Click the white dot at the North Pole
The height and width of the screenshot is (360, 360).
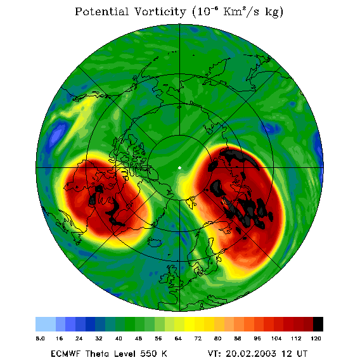pos(180,168)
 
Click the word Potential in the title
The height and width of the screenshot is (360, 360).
pos(102,11)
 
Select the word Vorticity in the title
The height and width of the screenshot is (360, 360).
pos(160,12)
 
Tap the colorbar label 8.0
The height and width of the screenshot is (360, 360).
pos(40,338)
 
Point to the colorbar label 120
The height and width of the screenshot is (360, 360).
pos(316,338)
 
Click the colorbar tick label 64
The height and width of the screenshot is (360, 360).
pos(178,338)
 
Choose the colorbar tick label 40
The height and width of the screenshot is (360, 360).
pos(119,338)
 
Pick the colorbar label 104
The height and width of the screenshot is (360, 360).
pos(276,338)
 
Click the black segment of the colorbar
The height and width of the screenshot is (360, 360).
pos(318,324)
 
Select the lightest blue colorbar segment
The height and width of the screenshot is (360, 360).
pos(46,324)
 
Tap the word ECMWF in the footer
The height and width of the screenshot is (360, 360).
pos(65,354)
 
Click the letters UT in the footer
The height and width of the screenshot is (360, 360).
pos(302,354)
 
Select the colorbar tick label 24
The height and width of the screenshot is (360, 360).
pos(79,338)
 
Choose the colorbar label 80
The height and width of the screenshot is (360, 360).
pos(217,338)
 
